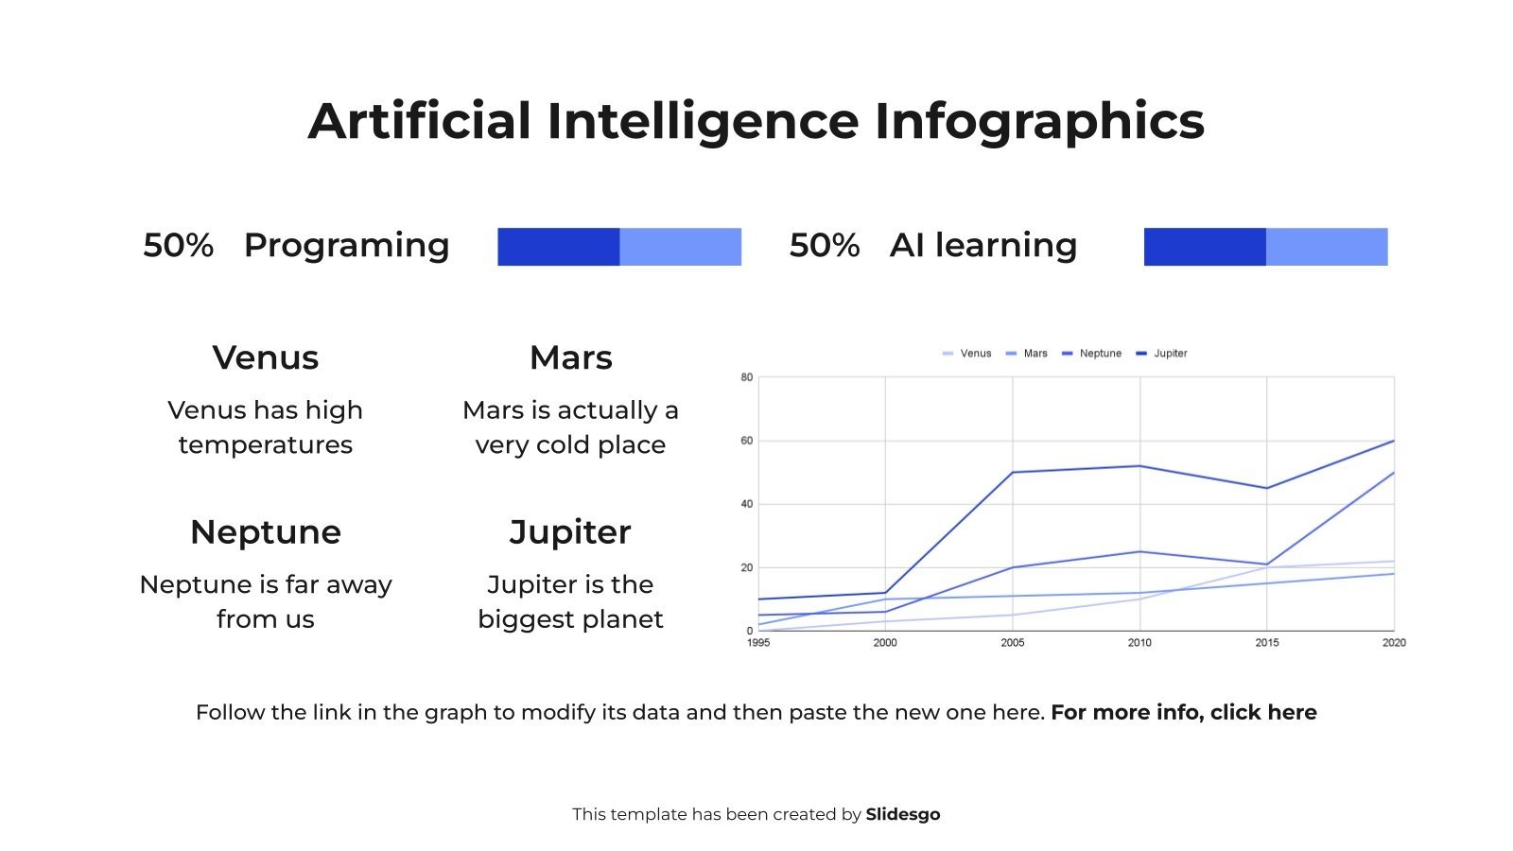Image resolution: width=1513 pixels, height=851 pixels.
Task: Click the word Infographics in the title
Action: (x=1038, y=121)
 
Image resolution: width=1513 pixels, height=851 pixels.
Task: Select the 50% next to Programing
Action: (x=178, y=246)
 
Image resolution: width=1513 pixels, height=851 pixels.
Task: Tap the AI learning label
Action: (x=983, y=246)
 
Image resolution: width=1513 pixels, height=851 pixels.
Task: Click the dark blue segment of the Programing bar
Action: (x=558, y=247)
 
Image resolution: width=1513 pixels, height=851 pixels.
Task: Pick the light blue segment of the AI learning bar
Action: (x=1327, y=247)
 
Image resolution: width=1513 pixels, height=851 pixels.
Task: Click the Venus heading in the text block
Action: (x=266, y=358)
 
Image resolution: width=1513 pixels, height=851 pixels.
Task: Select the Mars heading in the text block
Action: (x=570, y=358)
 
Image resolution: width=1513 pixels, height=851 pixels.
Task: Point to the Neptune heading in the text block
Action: (x=266, y=532)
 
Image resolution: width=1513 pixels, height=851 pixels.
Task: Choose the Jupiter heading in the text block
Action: (x=570, y=532)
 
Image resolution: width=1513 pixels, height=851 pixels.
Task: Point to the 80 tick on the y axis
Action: (x=747, y=377)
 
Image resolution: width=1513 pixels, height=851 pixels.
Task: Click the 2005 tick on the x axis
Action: (x=1012, y=643)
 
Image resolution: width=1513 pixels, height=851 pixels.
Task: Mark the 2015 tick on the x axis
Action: (x=1267, y=643)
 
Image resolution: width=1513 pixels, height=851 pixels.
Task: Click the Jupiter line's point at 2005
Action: (x=1013, y=473)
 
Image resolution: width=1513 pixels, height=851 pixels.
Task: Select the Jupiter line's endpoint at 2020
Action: (x=1393, y=442)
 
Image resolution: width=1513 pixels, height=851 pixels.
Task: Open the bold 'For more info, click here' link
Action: (x=1183, y=713)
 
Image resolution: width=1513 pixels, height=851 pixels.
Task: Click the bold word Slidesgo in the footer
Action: (x=902, y=815)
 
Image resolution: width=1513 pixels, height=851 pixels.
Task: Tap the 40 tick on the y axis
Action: (x=747, y=504)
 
